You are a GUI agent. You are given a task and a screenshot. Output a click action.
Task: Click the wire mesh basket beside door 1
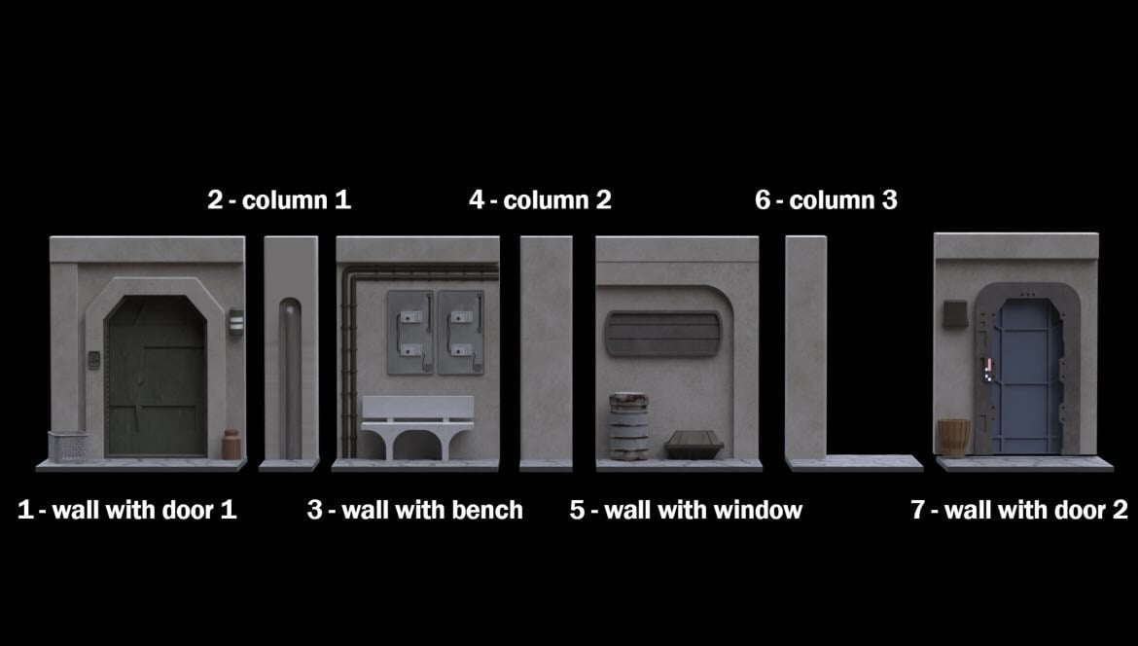coord(69,447)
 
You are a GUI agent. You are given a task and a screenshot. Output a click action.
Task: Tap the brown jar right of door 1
coord(231,445)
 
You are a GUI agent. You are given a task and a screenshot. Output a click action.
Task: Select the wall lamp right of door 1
coord(236,322)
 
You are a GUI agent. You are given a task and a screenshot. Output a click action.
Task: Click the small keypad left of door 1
coord(93,359)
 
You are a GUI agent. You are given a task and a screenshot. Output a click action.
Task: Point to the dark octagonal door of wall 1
coord(156,376)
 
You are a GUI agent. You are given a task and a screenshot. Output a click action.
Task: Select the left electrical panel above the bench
coord(410,333)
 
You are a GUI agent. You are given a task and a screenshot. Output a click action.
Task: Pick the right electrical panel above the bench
coord(461,333)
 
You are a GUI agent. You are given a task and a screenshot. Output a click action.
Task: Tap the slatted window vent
coord(663,334)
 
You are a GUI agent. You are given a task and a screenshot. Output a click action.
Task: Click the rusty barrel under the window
coord(628,427)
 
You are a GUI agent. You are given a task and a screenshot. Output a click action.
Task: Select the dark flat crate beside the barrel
coord(693,445)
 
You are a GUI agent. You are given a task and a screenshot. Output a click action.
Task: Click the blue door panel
coord(1028,376)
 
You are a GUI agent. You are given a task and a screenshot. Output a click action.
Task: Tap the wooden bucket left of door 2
coord(953,438)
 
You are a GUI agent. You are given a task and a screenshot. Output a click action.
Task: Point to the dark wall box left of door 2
coord(956,313)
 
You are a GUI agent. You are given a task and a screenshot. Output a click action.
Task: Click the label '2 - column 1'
coord(279,199)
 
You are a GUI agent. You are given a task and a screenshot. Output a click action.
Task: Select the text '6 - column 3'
coord(826,199)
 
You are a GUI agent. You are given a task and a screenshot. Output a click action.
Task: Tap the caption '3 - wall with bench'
coord(415,510)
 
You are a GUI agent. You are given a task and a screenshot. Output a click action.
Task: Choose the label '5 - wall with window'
coord(686,510)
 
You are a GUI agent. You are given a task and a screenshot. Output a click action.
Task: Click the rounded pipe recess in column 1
coord(290,378)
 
